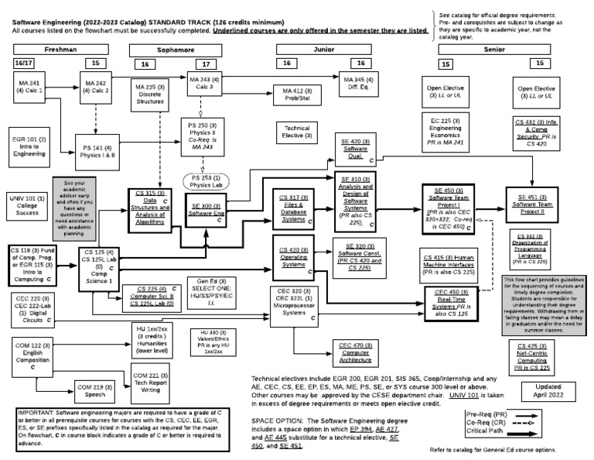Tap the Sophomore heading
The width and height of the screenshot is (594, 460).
pyautogui.click(x=176, y=49)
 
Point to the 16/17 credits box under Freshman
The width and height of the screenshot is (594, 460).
pyautogui.click(x=24, y=62)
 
